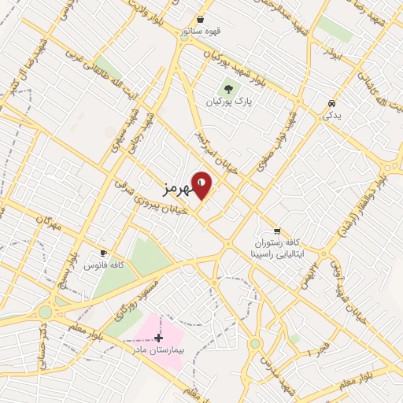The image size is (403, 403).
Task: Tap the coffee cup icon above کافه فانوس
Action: coord(102,253)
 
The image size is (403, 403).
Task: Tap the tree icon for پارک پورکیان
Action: coord(228,89)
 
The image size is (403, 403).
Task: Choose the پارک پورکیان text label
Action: coord(229,103)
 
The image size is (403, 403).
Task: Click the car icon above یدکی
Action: coord(331,103)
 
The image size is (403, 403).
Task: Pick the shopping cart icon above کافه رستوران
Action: coord(277,231)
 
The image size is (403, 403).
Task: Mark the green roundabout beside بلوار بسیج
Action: coord(45,312)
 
